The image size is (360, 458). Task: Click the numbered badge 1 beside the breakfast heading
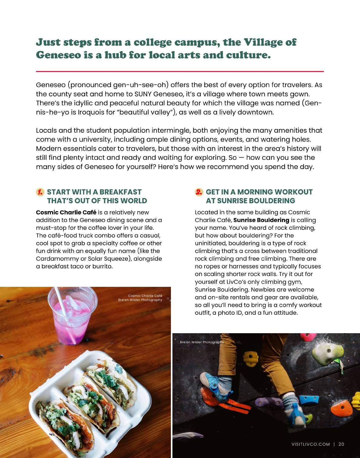(x=40, y=192)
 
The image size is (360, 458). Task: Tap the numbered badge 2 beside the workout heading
(x=199, y=192)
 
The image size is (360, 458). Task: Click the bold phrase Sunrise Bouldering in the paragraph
(x=261, y=220)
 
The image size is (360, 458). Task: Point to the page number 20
(x=341, y=444)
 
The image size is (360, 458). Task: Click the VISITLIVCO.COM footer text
(x=310, y=444)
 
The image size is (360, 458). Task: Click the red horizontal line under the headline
(x=180, y=71)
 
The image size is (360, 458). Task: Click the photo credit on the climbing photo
(x=202, y=342)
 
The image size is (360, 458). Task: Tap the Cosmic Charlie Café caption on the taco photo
(x=145, y=296)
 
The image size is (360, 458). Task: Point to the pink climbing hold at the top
(x=308, y=336)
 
